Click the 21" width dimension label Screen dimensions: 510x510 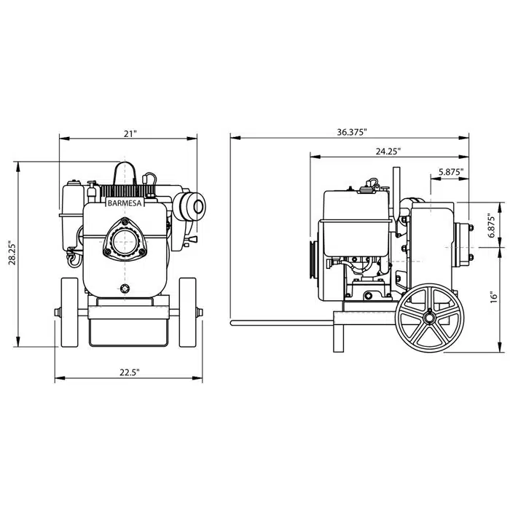[130, 134]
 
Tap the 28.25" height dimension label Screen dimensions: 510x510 [12, 253]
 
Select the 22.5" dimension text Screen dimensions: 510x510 [130, 372]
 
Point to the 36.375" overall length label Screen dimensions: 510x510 [352, 133]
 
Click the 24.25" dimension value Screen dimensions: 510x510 [388, 152]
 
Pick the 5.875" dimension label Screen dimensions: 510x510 [450, 172]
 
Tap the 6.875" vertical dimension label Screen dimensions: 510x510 [492, 225]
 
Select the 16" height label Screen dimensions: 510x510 [494, 297]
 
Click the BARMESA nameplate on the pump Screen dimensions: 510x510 [125, 203]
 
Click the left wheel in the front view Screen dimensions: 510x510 [70, 313]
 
